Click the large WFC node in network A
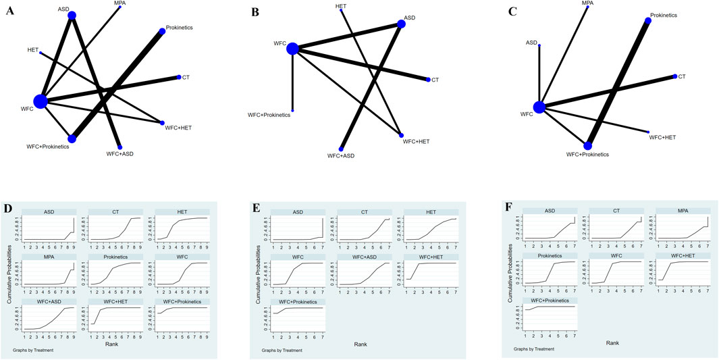tap(41, 101)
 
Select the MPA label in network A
tap(119, 3)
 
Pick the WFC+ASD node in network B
tap(341, 149)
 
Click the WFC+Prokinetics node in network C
tap(588, 145)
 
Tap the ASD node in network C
tap(539, 45)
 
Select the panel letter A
tap(9, 11)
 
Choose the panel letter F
tap(510, 205)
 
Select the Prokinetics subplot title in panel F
tap(549, 257)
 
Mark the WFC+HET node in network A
tap(163, 122)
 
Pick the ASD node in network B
tap(402, 24)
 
